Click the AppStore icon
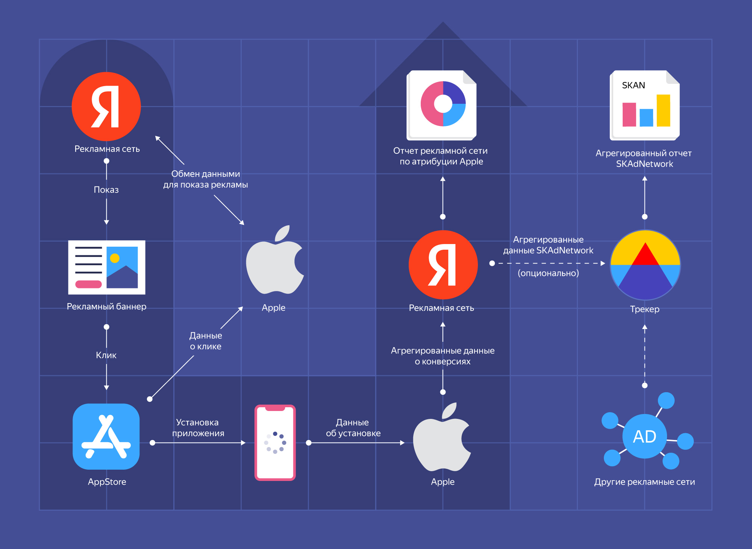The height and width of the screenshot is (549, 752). pyautogui.click(x=106, y=437)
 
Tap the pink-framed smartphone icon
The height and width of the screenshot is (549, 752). pyautogui.click(x=275, y=443)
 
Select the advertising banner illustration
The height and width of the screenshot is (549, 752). pyautogui.click(x=106, y=267)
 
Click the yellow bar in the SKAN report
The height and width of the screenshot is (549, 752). pyautogui.click(x=663, y=110)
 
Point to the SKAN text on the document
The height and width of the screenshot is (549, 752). pyautogui.click(x=634, y=85)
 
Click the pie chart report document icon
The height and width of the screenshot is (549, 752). pyautogui.click(x=442, y=105)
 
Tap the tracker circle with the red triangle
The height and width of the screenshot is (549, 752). pyautogui.click(x=645, y=265)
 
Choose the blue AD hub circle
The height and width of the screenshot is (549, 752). pyautogui.click(x=644, y=436)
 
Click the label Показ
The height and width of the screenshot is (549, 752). pyautogui.click(x=106, y=190)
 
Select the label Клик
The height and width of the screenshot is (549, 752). pyautogui.click(x=106, y=355)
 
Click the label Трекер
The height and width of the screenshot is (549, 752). pyautogui.click(x=644, y=309)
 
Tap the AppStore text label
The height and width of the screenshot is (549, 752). pyautogui.click(x=107, y=482)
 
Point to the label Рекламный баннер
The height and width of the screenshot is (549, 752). pyautogui.click(x=106, y=306)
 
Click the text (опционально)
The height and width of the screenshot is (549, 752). pyautogui.click(x=548, y=273)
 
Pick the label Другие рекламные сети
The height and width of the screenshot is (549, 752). pyautogui.click(x=644, y=482)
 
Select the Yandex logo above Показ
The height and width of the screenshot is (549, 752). pyautogui.click(x=106, y=106)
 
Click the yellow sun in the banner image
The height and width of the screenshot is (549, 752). pyautogui.click(x=115, y=258)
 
